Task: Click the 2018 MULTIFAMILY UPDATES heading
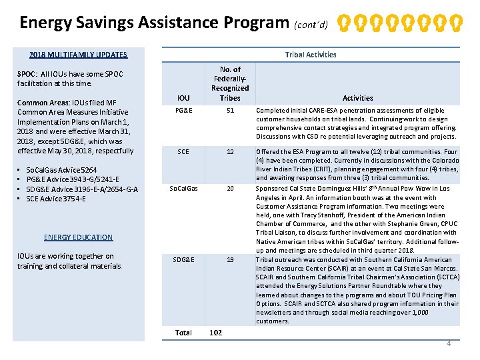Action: (x=78, y=55)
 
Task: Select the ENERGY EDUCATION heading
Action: (x=78, y=237)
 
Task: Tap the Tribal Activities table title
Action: (x=310, y=55)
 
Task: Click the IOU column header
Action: (x=183, y=98)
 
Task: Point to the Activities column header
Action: (x=358, y=98)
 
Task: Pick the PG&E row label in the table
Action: (x=183, y=111)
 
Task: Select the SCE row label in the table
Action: (x=183, y=152)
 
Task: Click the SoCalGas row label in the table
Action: (x=183, y=189)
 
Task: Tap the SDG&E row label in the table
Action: (x=183, y=260)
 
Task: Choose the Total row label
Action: (x=183, y=333)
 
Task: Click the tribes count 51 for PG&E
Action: (x=230, y=111)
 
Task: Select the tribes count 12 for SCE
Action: (x=230, y=152)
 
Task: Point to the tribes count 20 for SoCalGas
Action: (x=230, y=189)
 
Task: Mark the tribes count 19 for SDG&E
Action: (x=230, y=260)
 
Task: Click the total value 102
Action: (x=216, y=333)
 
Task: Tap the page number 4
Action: (x=449, y=343)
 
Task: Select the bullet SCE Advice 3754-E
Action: (x=56, y=199)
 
